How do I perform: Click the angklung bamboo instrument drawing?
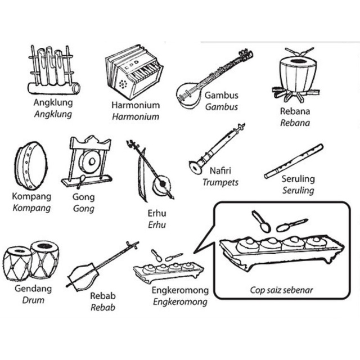tap(54, 70)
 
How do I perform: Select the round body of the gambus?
tap(188, 95)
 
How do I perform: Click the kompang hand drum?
tap(31, 165)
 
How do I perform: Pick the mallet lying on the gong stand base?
tap(81, 181)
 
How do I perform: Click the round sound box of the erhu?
tap(162, 184)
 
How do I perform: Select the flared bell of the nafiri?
tap(196, 168)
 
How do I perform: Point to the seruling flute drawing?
tap(294, 161)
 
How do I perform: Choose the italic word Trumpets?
tap(220, 182)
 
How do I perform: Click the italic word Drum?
tap(33, 300)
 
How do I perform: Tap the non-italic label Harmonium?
tap(136, 105)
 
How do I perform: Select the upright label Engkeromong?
tap(180, 291)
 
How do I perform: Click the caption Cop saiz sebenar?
tap(281, 290)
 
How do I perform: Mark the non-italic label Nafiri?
tap(220, 171)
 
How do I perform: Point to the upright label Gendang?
tap(33, 289)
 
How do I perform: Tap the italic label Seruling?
tap(298, 191)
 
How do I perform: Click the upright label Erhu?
tap(157, 214)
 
